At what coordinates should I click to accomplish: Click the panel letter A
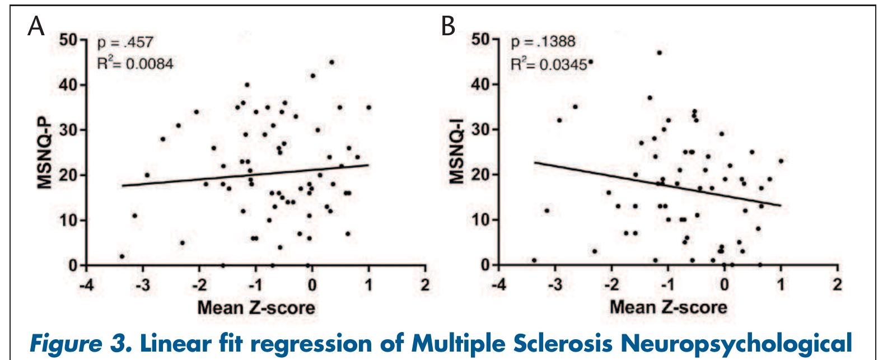pos(36,27)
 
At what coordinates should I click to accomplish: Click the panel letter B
pos(448,27)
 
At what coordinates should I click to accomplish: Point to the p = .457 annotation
pos(125,43)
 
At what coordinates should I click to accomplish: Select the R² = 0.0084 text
pos(136,63)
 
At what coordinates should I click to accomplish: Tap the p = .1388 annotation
pos(543,41)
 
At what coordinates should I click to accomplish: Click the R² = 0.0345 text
pos(549,64)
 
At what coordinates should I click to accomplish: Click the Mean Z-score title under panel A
pos(256,308)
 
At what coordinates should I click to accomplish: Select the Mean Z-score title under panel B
pos(669,307)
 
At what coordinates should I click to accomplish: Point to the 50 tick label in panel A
pos(69,40)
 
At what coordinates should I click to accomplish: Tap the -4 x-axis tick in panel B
pos(499,285)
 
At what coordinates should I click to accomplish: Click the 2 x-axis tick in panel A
pos(425,285)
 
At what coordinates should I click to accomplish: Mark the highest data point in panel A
pos(331,62)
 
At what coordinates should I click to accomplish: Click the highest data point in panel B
pos(659,53)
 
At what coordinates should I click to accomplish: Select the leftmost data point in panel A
pos(122,256)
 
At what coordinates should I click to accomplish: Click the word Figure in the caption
pos(66,344)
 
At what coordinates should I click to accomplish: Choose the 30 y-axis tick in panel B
pos(481,129)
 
